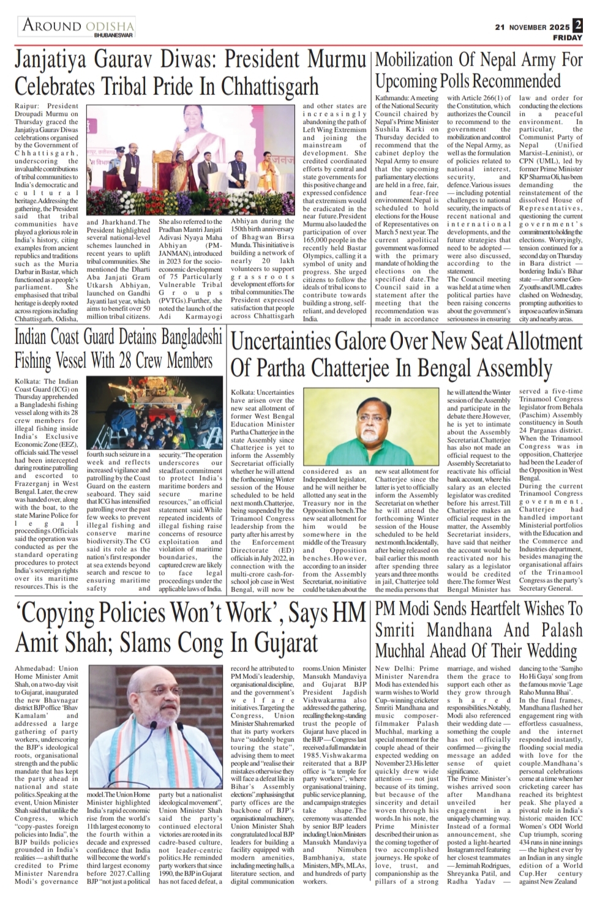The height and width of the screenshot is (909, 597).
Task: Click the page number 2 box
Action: point(577,26)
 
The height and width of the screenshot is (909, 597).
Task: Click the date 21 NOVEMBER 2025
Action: point(532,27)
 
